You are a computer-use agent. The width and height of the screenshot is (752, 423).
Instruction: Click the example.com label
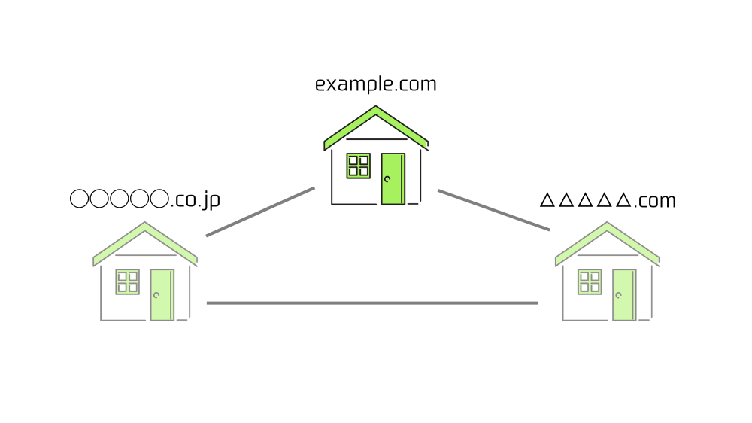[x=375, y=84]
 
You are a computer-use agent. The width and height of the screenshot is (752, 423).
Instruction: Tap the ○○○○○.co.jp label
[x=144, y=200]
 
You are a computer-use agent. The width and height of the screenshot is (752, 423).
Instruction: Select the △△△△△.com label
[x=608, y=201]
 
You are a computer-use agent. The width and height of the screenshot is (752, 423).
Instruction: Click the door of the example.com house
[x=393, y=178]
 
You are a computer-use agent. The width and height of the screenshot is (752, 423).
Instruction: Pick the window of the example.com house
[x=358, y=166]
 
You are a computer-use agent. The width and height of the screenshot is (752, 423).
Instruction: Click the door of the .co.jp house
[x=162, y=294]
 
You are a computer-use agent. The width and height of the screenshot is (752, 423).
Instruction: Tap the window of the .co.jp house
[x=127, y=281]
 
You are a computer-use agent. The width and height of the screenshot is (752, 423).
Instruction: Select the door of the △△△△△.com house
[x=623, y=294]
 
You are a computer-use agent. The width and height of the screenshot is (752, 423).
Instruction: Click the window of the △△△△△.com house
[x=590, y=281]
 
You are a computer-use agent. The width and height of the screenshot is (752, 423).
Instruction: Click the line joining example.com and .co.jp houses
[x=260, y=211]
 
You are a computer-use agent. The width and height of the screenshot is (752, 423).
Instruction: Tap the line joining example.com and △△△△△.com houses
[x=493, y=210]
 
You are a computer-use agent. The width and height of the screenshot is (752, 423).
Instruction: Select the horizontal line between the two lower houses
[x=372, y=303]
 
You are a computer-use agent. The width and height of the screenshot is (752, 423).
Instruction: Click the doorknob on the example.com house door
[x=387, y=179]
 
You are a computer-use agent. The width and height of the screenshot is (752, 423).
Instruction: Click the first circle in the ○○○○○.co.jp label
[x=79, y=199]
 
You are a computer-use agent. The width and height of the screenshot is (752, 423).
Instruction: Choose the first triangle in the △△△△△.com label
[x=547, y=201]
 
